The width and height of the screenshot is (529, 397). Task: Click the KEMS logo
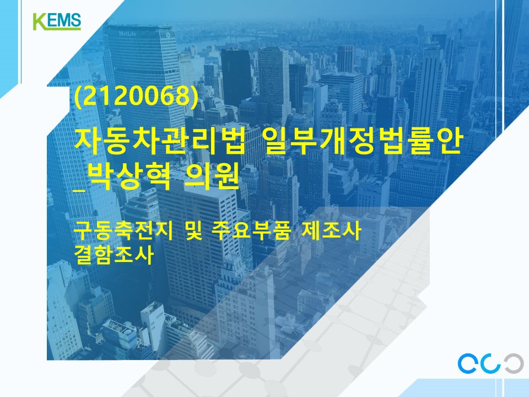[x=57, y=21]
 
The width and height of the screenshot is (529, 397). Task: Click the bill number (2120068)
[x=136, y=97]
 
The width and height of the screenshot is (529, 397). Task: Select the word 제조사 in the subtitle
[x=331, y=231]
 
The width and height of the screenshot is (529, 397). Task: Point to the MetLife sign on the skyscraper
[x=128, y=34]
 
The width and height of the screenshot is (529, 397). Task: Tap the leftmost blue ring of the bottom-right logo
[x=469, y=362]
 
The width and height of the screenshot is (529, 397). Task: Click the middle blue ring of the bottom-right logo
[x=492, y=362]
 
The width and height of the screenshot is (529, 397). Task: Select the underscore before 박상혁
[x=82, y=189]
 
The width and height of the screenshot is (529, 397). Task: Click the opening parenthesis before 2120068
[x=78, y=98]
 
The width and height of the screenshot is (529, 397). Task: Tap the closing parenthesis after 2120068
[x=193, y=98]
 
